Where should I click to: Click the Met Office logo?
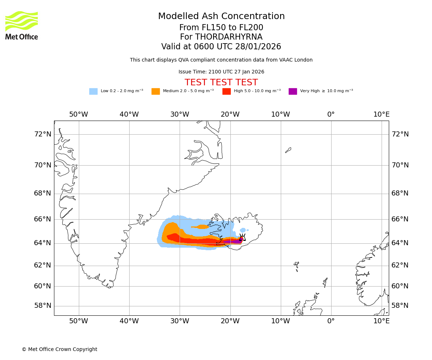tap(22, 25)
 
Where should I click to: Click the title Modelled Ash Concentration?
tap(221, 16)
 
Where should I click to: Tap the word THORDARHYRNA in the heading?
tap(229, 37)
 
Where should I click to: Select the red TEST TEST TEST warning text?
tap(221, 82)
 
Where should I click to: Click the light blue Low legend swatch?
tap(93, 91)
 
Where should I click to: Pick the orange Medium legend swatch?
tap(156, 91)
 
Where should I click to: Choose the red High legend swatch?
tap(226, 91)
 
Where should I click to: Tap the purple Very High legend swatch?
tap(293, 91)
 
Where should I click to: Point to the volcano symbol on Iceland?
tap(242, 237)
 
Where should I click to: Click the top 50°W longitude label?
tap(78, 114)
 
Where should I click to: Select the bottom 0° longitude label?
tap(331, 321)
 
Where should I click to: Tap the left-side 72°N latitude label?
tap(42, 134)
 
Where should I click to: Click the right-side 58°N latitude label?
tap(400, 306)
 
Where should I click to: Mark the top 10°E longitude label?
tap(381, 114)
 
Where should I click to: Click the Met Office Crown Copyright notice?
tap(59, 349)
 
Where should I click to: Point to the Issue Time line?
tap(221, 72)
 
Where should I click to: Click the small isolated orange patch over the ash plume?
tap(201, 227)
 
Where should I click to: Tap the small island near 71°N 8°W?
tap(288, 150)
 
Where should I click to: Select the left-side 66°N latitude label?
tap(42, 219)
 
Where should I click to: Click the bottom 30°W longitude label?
tap(180, 321)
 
